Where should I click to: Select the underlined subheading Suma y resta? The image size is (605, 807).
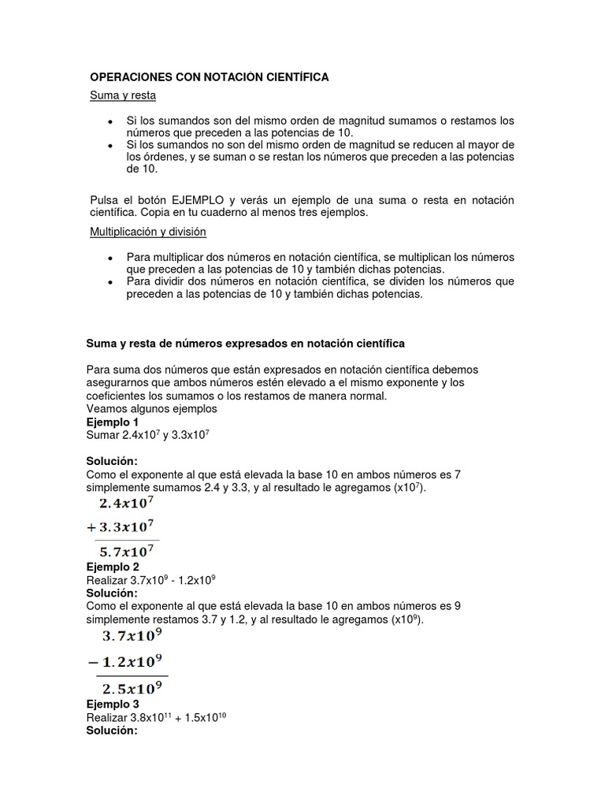[x=122, y=96]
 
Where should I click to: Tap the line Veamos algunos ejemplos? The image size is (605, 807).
[x=151, y=409]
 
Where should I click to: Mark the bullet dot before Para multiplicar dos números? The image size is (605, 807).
[x=109, y=257]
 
